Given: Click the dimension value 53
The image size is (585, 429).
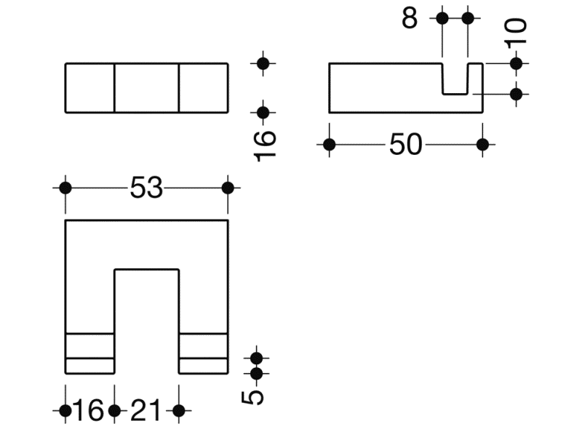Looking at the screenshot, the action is pos(146,188).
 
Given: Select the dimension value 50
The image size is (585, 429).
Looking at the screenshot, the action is pos(405,145).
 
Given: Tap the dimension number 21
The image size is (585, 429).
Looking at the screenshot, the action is pos(146,411).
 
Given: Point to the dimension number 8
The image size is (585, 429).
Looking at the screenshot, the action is pos(410,18).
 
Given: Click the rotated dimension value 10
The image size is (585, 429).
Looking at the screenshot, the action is pos(516,31).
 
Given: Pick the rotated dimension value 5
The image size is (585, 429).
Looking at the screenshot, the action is pos(253,397).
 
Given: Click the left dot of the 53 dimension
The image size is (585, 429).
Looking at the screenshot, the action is pos(65,188).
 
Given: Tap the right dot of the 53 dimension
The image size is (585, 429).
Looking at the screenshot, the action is pos(228,188).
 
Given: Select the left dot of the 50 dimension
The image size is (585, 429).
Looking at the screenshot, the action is pos(329,145).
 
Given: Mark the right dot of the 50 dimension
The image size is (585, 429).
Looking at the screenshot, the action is pos(482,145).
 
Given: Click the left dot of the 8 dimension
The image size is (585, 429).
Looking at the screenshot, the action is pos(442,18).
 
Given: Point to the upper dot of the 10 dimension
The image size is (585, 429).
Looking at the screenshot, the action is pos(516,64).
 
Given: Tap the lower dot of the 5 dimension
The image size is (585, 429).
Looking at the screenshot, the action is pos(256,374).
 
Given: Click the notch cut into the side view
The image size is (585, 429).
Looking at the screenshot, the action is pos(455,79).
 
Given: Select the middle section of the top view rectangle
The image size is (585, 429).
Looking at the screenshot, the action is pos(147,88).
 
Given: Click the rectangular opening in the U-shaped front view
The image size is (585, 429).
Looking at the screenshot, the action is pos(147,321).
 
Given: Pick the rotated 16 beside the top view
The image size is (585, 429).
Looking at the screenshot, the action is pos(264,145).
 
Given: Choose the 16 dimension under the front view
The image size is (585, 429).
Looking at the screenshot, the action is pos(89,411).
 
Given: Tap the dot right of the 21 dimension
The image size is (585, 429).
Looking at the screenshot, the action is pos(179,411).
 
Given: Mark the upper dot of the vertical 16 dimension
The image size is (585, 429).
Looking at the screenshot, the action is pos(263,64).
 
